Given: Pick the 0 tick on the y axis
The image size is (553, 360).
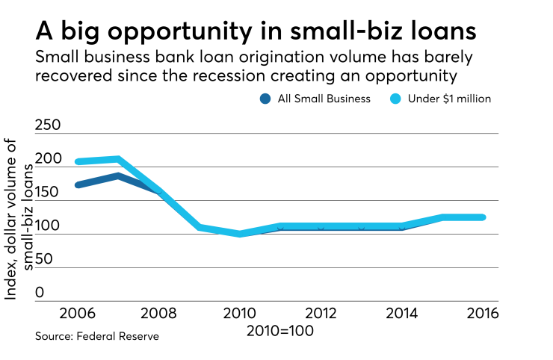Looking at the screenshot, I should tap(40, 293).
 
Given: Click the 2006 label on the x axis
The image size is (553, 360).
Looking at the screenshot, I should tap(78, 313).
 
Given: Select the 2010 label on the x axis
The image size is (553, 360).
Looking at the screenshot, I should tap(239, 313).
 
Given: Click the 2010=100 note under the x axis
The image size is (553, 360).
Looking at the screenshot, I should tap(280, 329).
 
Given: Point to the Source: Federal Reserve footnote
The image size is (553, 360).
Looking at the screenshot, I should tap(97, 337).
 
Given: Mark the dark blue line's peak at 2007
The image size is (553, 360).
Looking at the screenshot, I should tap(118, 176).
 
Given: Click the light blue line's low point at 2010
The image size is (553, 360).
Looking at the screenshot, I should tap(240, 234).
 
